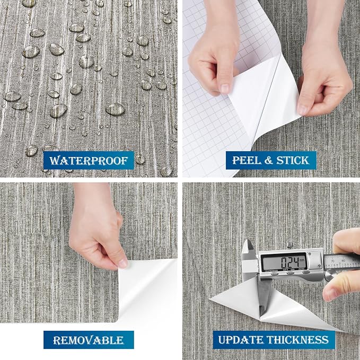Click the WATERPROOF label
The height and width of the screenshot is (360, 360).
[x=89, y=160]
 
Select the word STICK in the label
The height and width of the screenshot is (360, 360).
[x=293, y=160]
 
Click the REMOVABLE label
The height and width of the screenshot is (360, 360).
[x=89, y=340]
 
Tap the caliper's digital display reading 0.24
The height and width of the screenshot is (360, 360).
[x=284, y=261]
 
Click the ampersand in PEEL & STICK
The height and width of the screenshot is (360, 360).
[x=268, y=161]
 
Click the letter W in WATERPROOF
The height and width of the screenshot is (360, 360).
[x=55, y=161]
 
